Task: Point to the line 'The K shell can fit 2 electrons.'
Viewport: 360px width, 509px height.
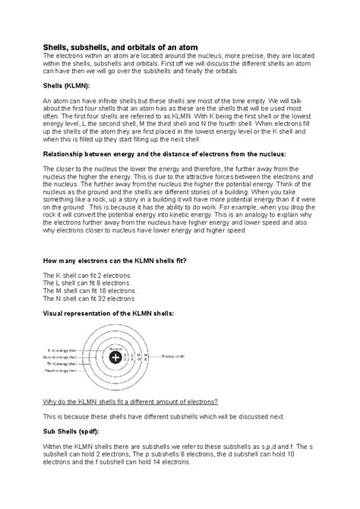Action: click(87, 274)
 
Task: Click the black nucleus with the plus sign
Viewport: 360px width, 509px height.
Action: click(115, 357)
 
